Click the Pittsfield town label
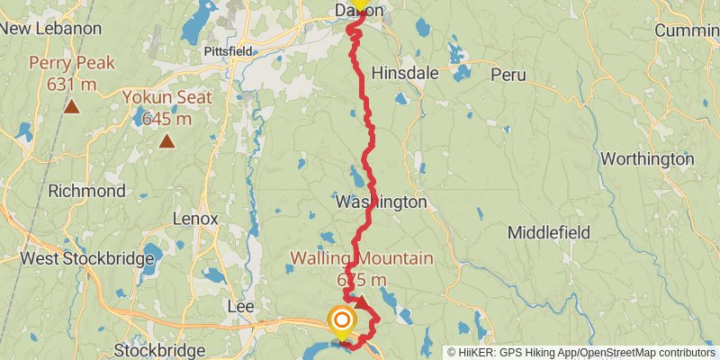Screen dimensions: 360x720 [228, 51]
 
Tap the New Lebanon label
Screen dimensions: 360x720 [50, 28]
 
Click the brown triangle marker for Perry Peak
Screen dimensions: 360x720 [70, 108]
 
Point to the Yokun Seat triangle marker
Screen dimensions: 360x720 [166, 140]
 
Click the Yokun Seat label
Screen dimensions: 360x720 [168, 97]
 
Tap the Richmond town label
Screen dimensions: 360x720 [86, 191]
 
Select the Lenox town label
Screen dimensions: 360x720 [195, 219]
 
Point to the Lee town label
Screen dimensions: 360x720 [241, 307]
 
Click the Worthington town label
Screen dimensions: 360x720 [647, 159]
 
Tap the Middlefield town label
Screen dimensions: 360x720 [549, 232]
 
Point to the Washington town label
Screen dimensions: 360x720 [382, 202]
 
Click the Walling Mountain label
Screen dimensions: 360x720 [361, 258]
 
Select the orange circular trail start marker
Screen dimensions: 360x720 [342, 319]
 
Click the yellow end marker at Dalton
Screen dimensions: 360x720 [358, 4]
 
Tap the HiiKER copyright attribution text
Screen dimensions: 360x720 [580, 352]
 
